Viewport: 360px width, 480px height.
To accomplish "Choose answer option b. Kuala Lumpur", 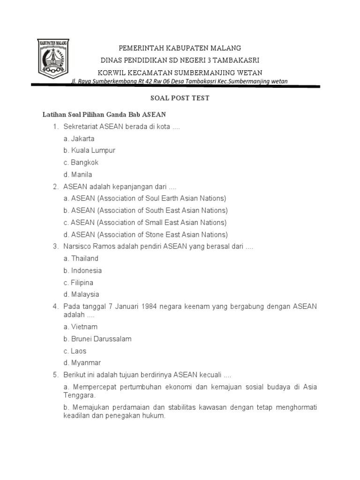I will (90, 150).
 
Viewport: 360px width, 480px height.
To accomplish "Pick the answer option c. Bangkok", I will (81, 163).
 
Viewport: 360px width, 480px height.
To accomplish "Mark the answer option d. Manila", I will (78, 174).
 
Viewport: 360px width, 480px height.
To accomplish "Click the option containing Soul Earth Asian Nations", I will (145, 198).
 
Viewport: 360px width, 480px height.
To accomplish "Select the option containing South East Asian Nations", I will (146, 210).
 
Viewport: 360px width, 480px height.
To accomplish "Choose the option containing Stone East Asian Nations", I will (146, 234).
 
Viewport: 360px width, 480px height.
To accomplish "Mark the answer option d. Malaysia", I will (82, 294).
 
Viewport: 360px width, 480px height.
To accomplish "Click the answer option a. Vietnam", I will (81, 327).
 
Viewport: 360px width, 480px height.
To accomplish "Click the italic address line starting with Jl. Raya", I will (179, 82).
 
